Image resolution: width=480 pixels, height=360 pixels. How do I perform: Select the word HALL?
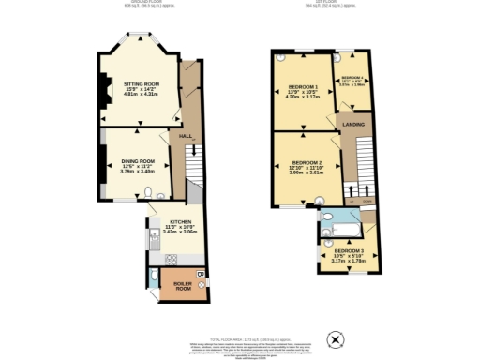pos(185,137)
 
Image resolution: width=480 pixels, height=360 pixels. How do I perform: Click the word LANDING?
pos(353,124)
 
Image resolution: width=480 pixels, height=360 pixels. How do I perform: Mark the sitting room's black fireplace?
pos(102,90)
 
